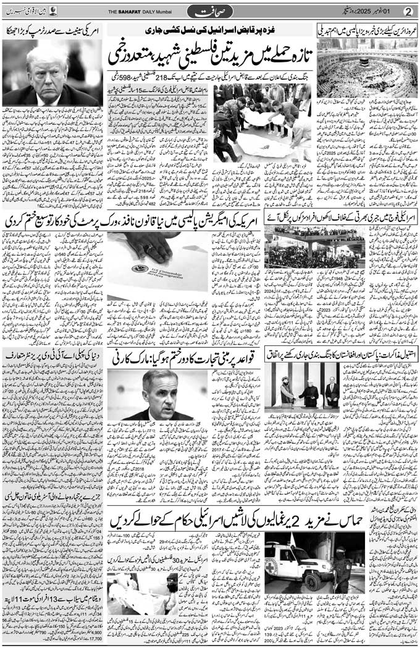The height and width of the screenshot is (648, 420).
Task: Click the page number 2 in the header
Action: click(x=407, y=11)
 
